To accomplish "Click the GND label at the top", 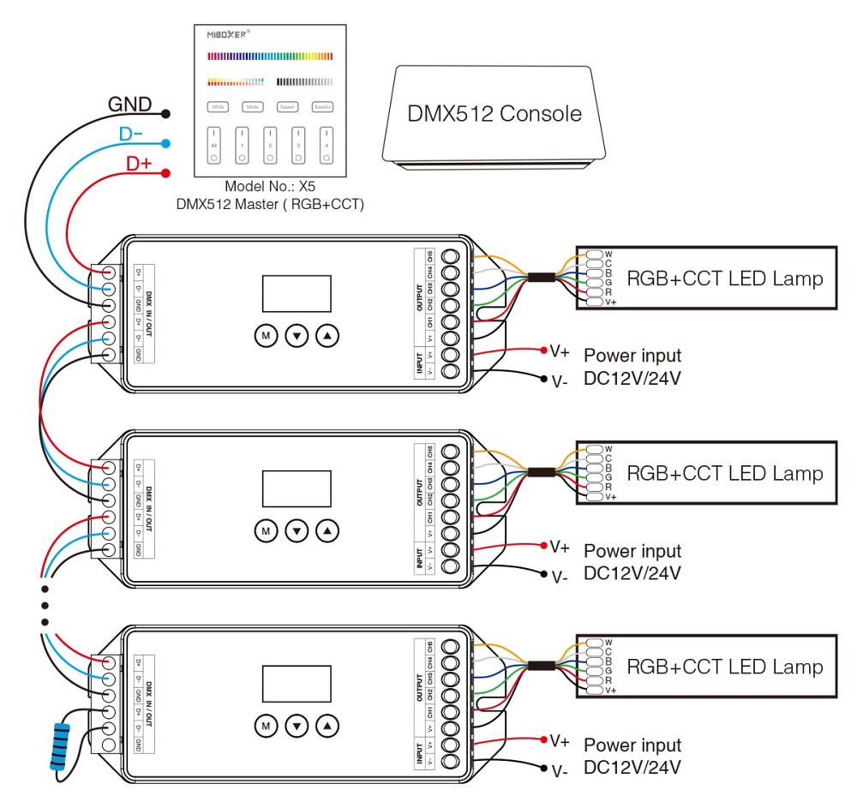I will [129, 105].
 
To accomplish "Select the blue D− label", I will [132, 135].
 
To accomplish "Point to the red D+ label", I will [139, 164].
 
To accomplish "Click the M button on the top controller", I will [266, 336].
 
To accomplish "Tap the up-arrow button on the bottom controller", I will [327, 726].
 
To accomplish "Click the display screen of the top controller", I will [297, 293].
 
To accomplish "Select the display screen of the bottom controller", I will [297, 683].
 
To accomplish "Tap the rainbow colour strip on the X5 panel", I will [269, 56].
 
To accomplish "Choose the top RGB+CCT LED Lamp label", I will [725, 278].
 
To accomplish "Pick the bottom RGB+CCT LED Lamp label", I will [725, 667].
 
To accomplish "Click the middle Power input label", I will [632, 551].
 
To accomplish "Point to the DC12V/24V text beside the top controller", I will [632, 377].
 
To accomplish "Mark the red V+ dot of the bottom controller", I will [544, 739].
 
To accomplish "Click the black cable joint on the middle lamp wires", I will [540, 472].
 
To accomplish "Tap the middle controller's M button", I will [266, 531].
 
